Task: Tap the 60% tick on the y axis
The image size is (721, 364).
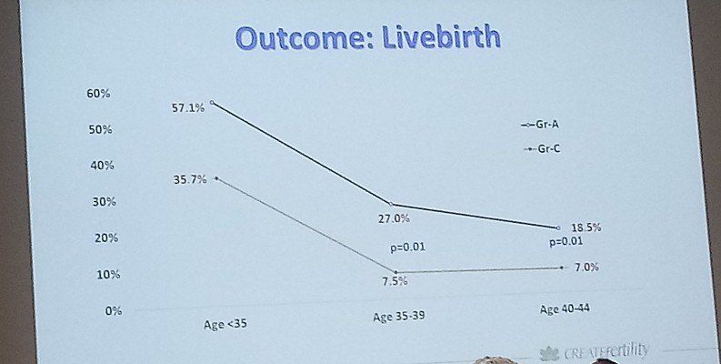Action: click(98, 94)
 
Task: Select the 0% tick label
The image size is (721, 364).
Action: click(112, 311)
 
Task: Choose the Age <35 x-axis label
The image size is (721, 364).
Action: click(227, 323)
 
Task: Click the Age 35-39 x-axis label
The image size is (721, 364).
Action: click(398, 317)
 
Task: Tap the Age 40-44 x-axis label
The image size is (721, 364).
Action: click(564, 309)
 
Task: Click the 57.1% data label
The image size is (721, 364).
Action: click(188, 108)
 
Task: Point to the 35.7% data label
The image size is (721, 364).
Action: click(190, 180)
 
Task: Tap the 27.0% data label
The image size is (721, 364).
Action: click(394, 218)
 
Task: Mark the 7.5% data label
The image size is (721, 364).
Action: click(395, 281)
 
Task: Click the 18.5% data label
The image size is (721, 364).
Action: click(586, 227)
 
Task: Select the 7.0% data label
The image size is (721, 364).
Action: click(586, 267)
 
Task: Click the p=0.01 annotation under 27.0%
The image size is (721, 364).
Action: click(407, 247)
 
